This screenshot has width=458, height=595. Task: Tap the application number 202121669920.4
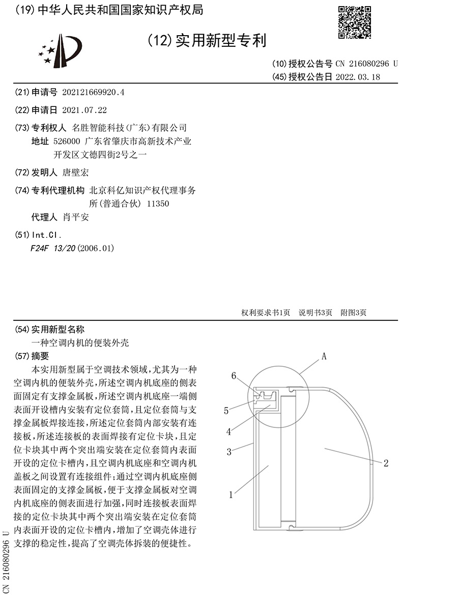[93, 93]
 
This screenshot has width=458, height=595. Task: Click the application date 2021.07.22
[84, 110]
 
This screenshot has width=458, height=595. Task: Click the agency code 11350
[157, 204]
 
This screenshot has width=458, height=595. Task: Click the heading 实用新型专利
[220, 40]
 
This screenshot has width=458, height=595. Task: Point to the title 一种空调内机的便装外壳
[80, 343]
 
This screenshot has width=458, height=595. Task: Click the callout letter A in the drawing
[323, 358]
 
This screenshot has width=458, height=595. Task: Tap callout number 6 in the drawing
[234, 376]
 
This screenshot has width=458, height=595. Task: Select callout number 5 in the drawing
[226, 410]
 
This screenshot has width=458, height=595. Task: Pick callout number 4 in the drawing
[229, 431]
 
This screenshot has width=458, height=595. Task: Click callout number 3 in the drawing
[229, 451]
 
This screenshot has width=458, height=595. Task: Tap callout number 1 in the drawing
[231, 494]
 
